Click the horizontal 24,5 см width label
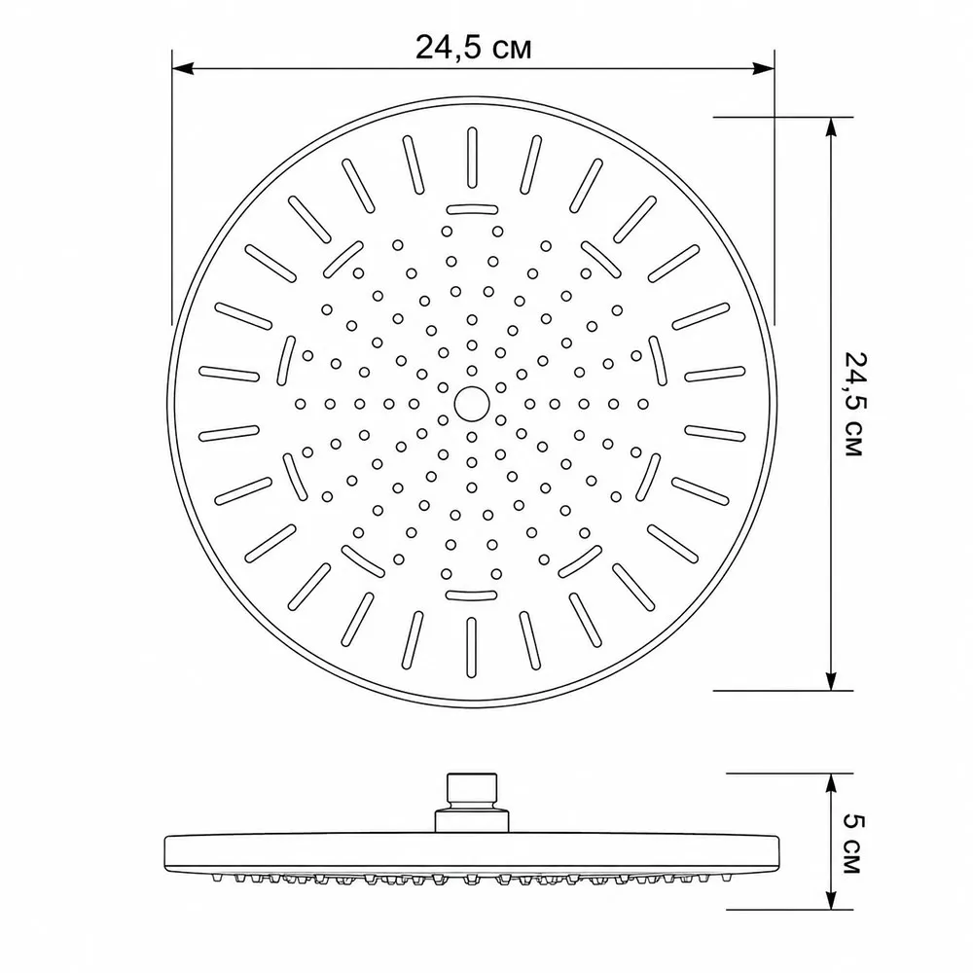click(473, 47)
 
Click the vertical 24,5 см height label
click(854, 404)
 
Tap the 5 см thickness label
click(854, 844)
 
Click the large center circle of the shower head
click(472, 404)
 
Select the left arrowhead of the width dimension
click(183, 68)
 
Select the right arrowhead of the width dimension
click(763, 68)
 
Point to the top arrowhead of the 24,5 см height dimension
click(831, 128)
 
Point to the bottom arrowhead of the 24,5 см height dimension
click(831, 679)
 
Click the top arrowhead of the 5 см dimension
click(831, 785)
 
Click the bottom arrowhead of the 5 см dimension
click(831, 898)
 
